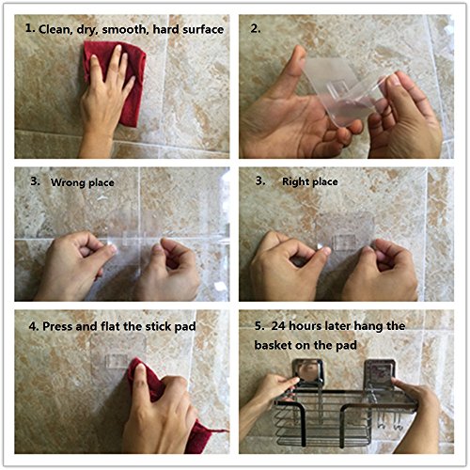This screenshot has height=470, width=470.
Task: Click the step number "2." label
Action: tap(256, 28)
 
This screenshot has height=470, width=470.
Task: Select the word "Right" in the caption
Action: tap(295, 181)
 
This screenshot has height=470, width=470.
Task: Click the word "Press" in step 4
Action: tap(57, 326)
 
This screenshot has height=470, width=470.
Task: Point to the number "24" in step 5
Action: tap(278, 326)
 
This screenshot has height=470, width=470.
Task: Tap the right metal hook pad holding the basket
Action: tap(380, 373)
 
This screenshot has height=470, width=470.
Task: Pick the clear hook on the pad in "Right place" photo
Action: tap(345, 242)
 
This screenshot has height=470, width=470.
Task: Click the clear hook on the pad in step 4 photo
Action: tap(117, 360)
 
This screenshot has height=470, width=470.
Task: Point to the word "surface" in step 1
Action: tap(203, 29)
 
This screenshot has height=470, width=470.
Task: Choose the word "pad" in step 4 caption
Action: tap(185, 326)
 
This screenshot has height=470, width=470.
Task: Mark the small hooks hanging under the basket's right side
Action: tap(389, 420)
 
